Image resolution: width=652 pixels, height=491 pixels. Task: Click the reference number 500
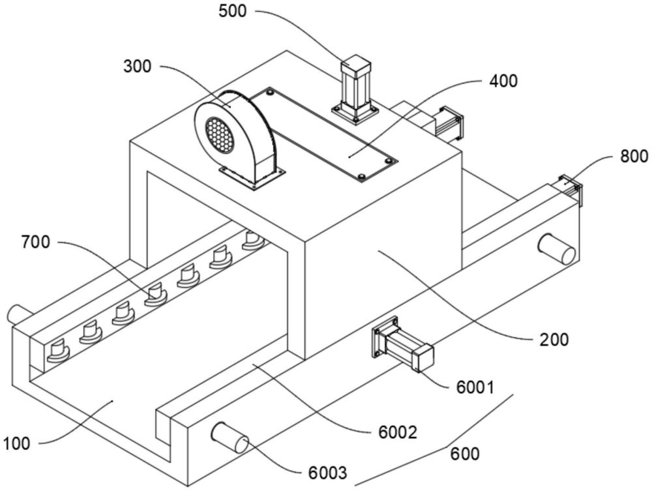coord(233,12)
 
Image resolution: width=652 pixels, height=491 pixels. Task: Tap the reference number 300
coord(136,67)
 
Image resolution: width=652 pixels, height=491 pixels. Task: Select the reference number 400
coord(503,81)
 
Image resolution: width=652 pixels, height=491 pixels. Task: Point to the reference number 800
coord(634,156)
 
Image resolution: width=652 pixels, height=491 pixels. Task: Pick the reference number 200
coord(555,339)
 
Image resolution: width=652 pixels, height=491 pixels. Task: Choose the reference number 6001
coord(475,387)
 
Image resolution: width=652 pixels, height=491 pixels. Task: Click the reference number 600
coord(465,453)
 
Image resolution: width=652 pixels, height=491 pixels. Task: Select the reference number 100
coord(16,444)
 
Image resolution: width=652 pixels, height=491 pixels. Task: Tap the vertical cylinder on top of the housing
coord(355,89)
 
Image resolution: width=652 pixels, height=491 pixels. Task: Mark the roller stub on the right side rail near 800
coord(556,248)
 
